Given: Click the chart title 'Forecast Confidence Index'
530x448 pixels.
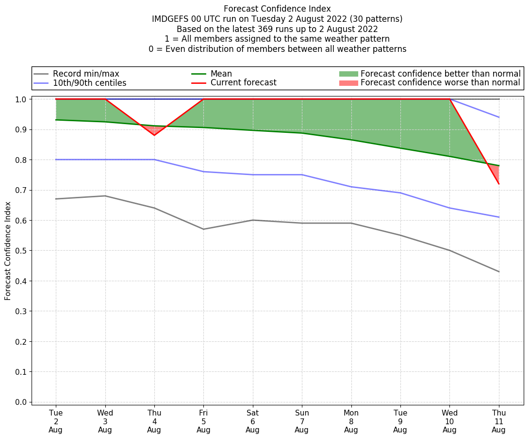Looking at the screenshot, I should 277,9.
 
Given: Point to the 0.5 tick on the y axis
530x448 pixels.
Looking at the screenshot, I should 21,251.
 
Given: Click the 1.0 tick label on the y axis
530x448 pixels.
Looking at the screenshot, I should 21,99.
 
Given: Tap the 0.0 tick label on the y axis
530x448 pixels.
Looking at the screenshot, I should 21,402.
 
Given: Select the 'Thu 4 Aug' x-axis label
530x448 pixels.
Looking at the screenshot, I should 154,421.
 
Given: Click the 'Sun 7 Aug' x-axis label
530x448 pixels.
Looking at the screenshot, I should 302,421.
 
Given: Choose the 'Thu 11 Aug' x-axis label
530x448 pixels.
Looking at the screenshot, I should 498,421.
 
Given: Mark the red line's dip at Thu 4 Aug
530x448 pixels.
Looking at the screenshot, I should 154,135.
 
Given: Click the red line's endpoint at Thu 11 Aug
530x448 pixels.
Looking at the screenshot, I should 498,184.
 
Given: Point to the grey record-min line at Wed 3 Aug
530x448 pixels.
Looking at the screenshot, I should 105,196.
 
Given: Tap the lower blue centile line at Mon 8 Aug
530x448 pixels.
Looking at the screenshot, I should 351,187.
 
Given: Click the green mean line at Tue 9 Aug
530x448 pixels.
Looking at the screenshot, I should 400,148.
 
